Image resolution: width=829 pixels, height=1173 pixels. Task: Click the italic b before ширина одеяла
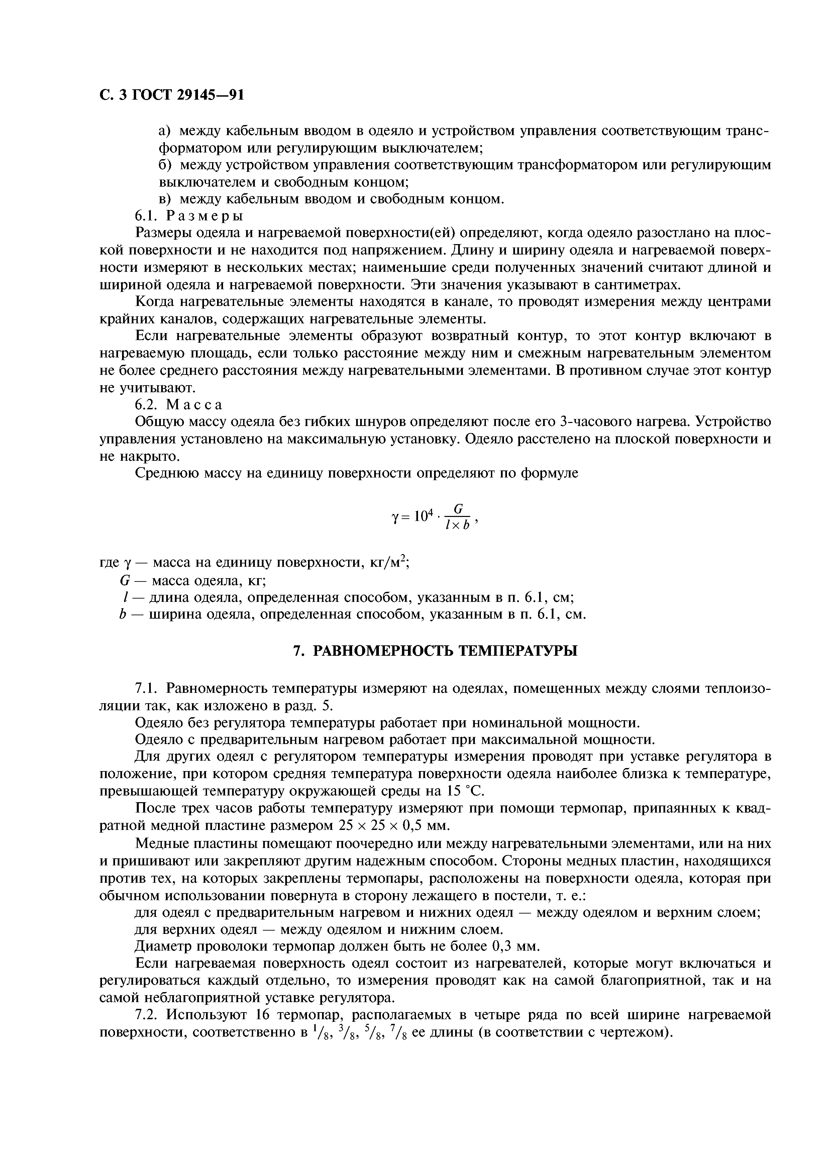tap(122, 615)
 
